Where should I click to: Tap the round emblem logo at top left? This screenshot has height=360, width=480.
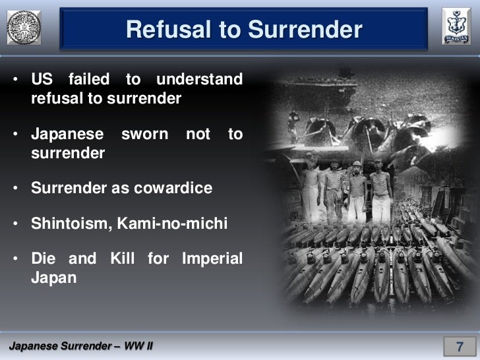point(24,28)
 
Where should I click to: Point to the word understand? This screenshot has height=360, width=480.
point(200,80)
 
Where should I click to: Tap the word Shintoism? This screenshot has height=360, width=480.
point(71,223)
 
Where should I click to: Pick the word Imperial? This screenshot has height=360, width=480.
point(212,258)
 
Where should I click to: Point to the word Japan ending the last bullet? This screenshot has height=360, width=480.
point(53,278)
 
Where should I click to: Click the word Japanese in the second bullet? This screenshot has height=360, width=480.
point(67,135)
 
